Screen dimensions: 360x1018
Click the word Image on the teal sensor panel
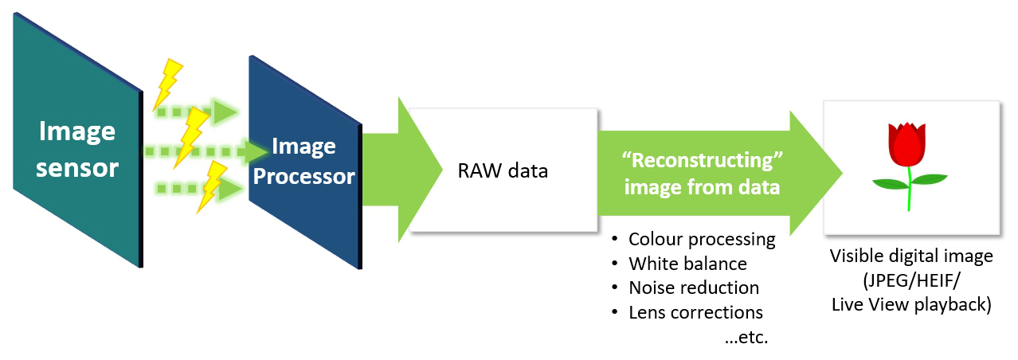coord(76,131)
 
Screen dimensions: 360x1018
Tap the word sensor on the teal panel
coord(76,167)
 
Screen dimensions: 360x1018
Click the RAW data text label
coord(503,170)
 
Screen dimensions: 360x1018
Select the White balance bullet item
coord(687,264)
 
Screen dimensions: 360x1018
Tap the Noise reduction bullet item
coord(694,288)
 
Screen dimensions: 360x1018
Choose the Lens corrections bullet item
coord(695,312)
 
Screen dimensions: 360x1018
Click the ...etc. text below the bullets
coord(746,337)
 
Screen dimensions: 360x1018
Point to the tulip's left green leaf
coord(890,184)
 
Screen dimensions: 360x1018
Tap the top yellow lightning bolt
coord(169,82)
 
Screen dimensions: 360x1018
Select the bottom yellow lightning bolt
coord(212,186)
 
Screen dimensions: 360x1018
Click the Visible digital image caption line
coord(911,256)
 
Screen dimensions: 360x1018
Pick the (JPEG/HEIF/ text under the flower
coord(911,280)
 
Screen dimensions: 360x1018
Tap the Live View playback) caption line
coord(911,304)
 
